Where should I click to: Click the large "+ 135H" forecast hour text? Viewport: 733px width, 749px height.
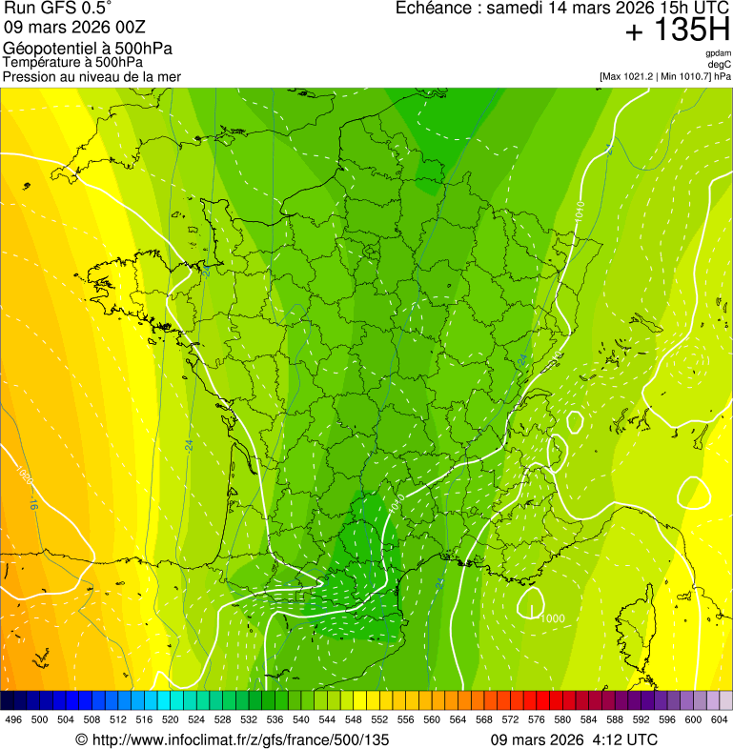pyautogui.click(x=677, y=30)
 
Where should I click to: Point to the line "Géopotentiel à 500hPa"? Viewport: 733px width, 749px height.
pyautogui.click(x=88, y=49)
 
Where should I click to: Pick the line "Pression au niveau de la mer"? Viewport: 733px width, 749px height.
pyautogui.click(x=92, y=76)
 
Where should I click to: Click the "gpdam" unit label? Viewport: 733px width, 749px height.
pyautogui.click(x=718, y=53)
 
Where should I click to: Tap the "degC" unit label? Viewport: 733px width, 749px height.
pyautogui.click(x=720, y=64)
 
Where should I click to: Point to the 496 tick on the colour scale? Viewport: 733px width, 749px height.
pyautogui.click(x=13, y=719)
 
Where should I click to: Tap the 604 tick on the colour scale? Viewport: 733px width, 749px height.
pyautogui.click(x=720, y=719)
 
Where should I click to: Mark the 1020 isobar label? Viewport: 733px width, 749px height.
pyautogui.click(x=23, y=474)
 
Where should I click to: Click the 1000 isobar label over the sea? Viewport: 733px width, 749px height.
pyautogui.click(x=552, y=618)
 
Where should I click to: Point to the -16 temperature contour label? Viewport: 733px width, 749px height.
pyautogui.click(x=33, y=502)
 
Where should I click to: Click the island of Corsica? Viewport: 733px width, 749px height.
pyautogui.click(x=632, y=624)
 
